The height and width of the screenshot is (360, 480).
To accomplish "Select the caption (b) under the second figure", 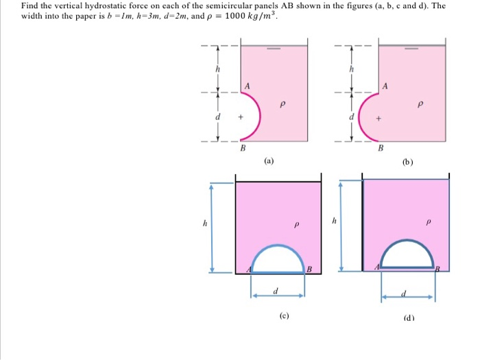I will click(x=408, y=163).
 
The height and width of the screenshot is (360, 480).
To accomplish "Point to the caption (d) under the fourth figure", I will click(x=411, y=317).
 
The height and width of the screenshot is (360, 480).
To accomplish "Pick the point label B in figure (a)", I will click(x=242, y=147).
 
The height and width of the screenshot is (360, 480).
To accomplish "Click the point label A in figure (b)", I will click(x=386, y=86).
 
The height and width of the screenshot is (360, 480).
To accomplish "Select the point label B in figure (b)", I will click(x=382, y=147).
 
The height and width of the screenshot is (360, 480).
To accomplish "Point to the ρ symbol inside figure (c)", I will click(x=296, y=224).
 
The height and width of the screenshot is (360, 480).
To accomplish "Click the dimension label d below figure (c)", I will click(x=275, y=291).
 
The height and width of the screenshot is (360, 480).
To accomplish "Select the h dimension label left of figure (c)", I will click(x=204, y=224).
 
